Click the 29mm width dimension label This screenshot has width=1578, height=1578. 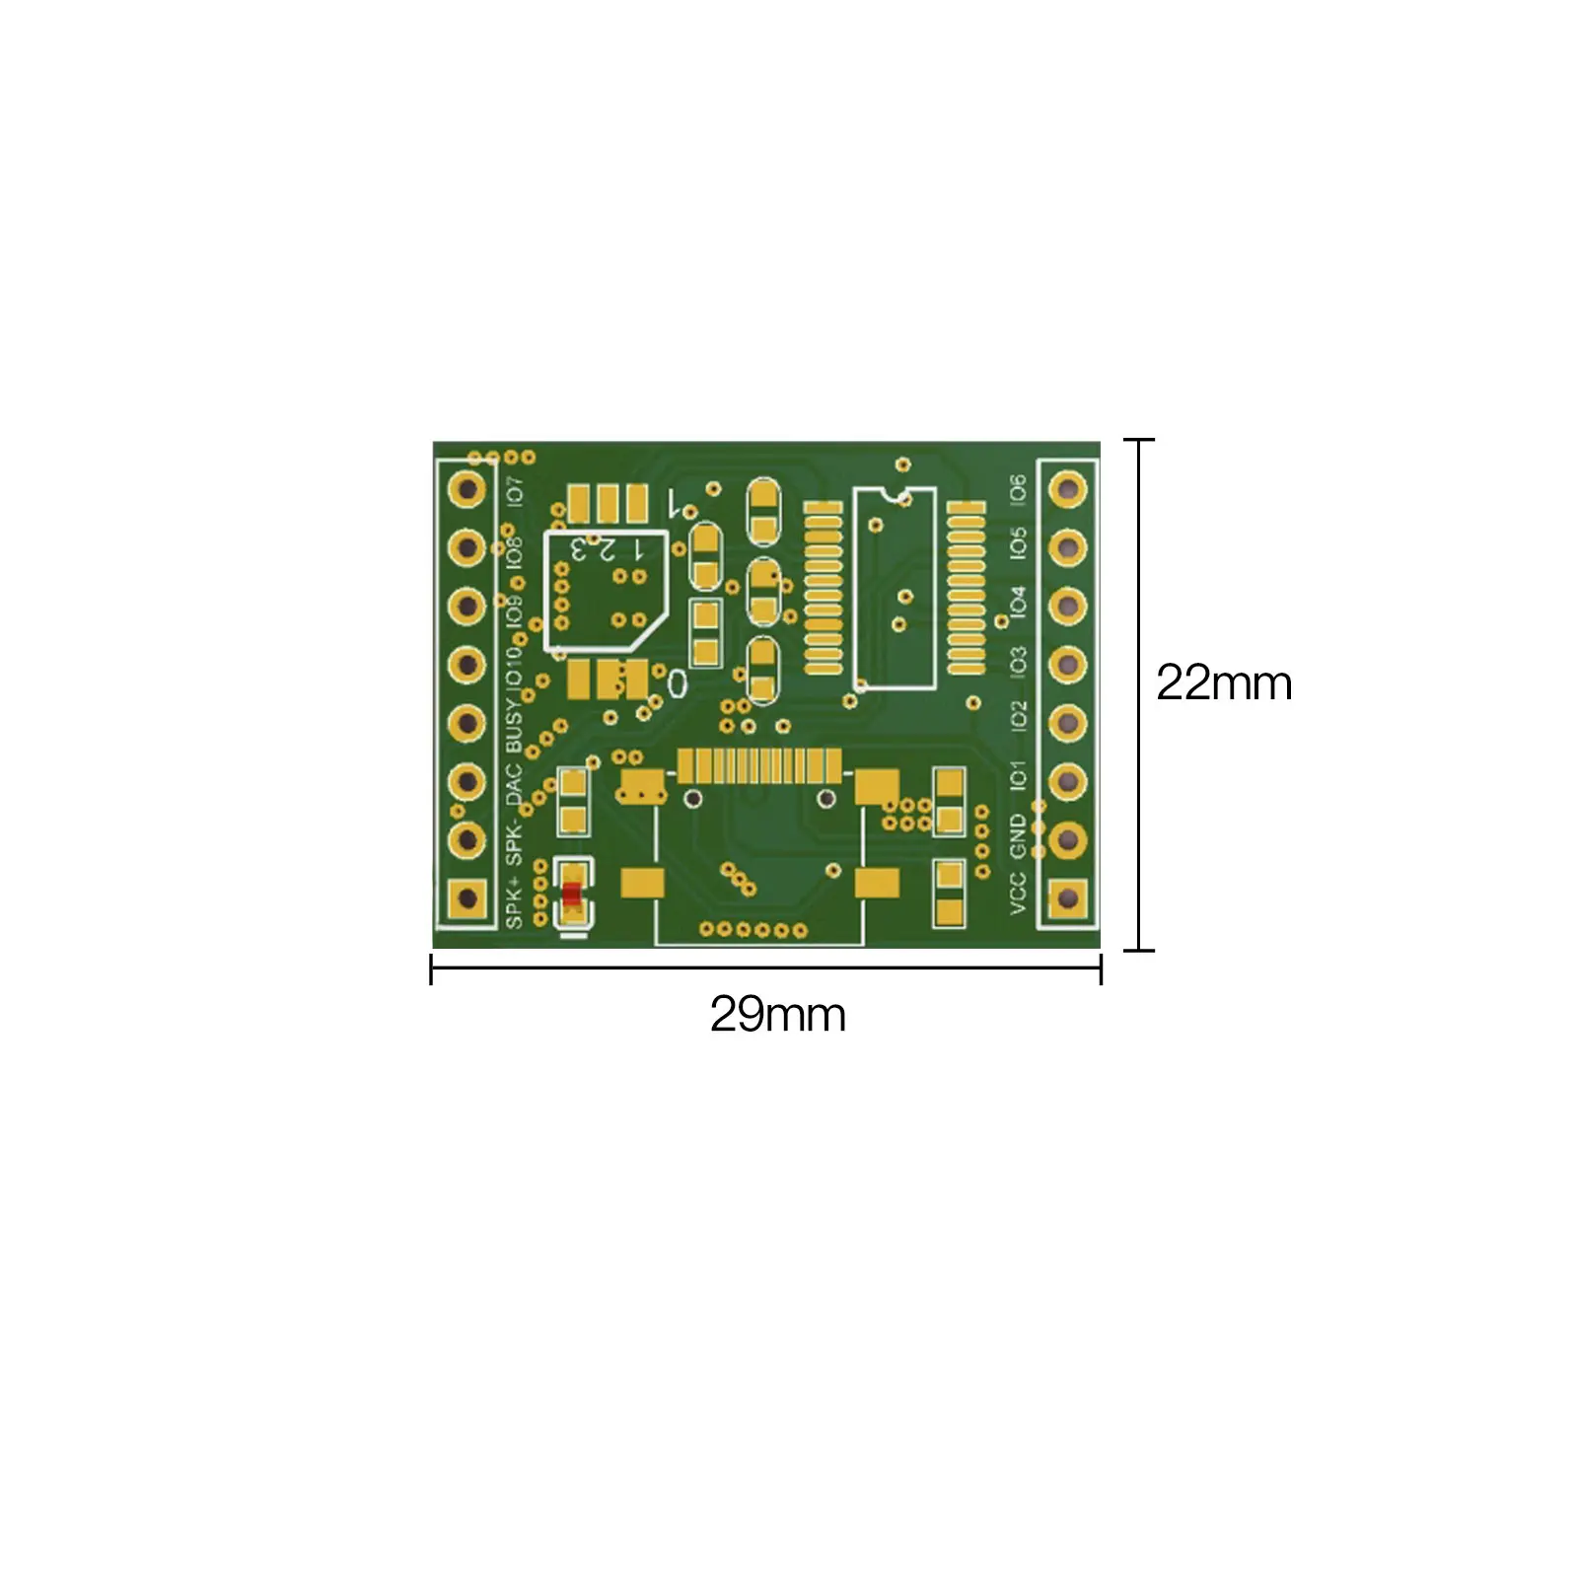pos(777,1014)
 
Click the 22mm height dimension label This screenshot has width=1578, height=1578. pos(1223,682)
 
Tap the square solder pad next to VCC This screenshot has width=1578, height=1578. pos(1067,897)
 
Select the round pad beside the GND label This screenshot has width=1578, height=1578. pos(1067,839)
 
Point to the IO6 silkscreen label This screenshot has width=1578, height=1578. pos(1018,488)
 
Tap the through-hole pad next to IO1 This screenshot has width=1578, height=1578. pos(1067,781)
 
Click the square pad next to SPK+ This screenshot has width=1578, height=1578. pos(466,897)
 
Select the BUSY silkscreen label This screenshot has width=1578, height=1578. pos(514,725)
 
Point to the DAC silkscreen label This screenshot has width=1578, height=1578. pos(514,782)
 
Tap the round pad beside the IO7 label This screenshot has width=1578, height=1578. pos(466,488)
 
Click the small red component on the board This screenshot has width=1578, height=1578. pos(572,894)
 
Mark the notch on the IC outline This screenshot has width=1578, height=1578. pos(895,491)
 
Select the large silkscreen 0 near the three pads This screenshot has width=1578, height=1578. pos(677,682)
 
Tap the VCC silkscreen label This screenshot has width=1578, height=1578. pos(1018,893)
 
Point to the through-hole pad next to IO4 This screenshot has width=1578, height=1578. pos(1067,606)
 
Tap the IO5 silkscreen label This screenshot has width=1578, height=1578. pos(1018,543)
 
